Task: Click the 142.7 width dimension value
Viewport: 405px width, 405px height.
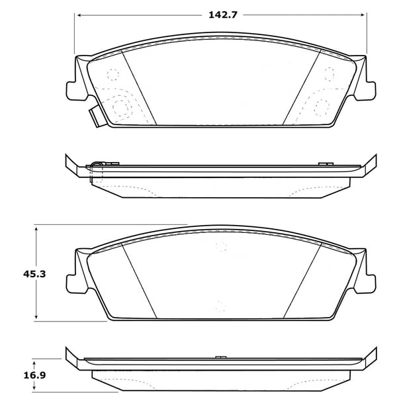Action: [x=222, y=15]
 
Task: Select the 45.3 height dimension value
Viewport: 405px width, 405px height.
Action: [x=34, y=274]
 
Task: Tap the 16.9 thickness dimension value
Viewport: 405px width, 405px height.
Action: [x=34, y=375]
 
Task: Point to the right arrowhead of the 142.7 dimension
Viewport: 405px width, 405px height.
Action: [x=362, y=15]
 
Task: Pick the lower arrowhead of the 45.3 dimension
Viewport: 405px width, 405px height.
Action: [x=36, y=316]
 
